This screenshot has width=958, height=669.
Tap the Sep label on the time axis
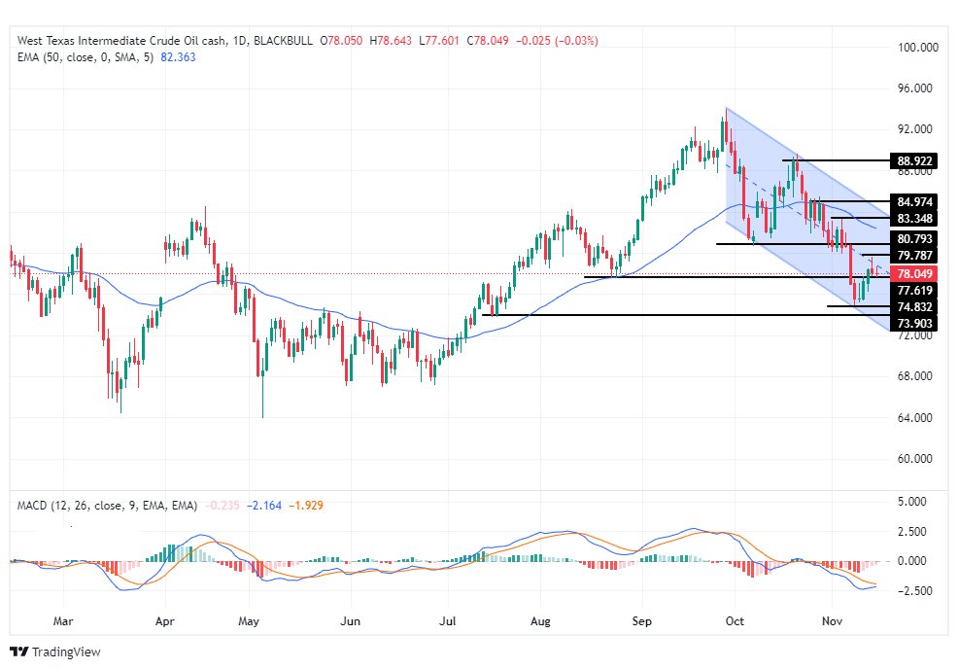point(640,619)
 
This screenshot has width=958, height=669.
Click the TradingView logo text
point(66,651)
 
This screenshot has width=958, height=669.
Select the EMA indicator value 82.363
point(177,57)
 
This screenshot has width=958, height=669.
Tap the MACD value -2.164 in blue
point(264,506)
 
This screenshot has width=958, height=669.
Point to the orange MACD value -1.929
point(305,506)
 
